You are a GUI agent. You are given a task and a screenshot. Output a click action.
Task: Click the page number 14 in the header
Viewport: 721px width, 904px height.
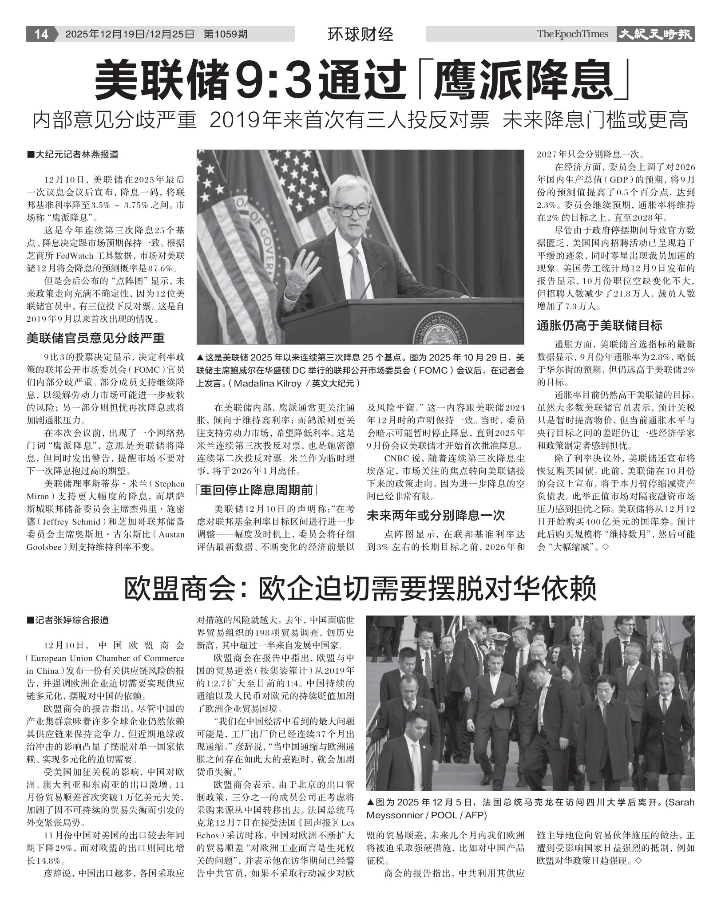(41, 34)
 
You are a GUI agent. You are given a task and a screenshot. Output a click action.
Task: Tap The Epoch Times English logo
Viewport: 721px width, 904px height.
(572, 34)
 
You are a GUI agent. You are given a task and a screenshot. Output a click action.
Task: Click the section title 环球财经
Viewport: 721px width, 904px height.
(360, 34)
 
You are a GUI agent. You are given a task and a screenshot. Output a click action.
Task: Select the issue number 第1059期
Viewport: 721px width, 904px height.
(226, 34)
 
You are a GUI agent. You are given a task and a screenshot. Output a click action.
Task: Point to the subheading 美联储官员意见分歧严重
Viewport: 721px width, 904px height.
(95, 338)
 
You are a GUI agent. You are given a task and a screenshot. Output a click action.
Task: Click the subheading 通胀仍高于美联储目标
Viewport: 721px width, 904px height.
(599, 325)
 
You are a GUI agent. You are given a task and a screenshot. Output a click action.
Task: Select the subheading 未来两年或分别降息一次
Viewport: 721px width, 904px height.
(436, 515)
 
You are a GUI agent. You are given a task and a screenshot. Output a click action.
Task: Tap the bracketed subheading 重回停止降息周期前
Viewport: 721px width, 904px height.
(257, 490)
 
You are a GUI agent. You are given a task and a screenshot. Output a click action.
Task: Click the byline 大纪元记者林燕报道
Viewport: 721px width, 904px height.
(77, 155)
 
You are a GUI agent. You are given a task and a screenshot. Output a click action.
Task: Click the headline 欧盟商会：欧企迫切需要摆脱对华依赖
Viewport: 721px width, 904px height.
(360, 588)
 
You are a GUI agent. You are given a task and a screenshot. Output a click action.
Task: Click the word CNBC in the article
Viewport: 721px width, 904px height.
(395, 458)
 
